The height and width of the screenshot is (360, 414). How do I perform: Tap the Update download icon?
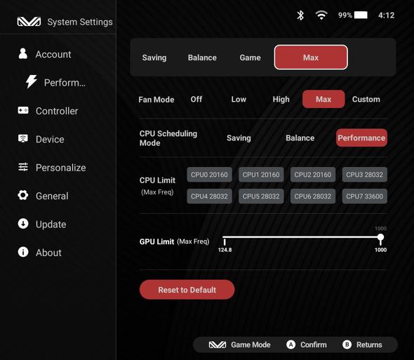[x=23, y=223]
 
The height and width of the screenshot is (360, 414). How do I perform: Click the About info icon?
[x=23, y=252]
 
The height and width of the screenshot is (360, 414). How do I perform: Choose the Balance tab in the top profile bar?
[x=202, y=58]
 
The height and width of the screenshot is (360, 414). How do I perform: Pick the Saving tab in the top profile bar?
[x=154, y=58]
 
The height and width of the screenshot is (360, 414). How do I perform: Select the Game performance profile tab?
[x=250, y=58]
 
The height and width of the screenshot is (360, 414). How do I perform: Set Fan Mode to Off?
[x=196, y=100]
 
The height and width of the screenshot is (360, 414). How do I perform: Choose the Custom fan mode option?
[x=366, y=100]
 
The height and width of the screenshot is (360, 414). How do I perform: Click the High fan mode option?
[x=281, y=100]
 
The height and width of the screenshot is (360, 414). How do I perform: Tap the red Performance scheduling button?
[x=361, y=138]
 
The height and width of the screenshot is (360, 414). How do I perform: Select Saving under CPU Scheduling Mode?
[x=239, y=138]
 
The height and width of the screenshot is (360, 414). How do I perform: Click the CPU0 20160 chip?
[x=209, y=175]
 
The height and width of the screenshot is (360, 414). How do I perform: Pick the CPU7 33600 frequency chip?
[x=365, y=196]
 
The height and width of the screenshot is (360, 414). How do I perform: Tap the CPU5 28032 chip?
[x=261, y=196]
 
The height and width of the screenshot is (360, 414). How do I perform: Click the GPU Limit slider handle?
[x=380, y=237]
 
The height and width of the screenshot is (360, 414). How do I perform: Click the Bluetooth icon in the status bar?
[x=300, y=15]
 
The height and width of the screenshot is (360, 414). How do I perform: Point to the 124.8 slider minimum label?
[x=225, y=250]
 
